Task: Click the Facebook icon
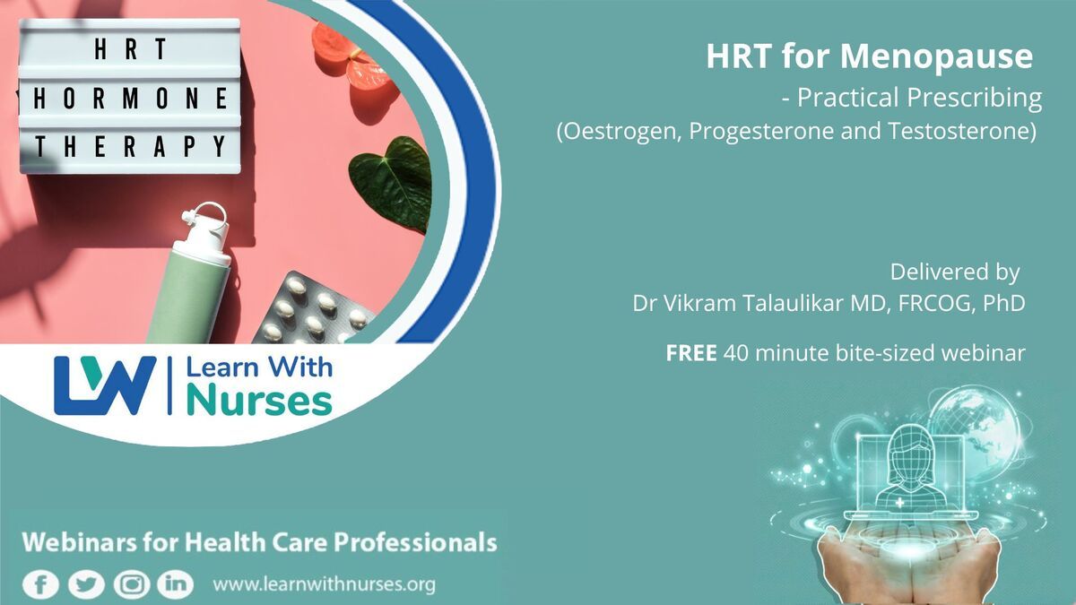click(41, 584)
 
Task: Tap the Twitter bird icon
click(86, 584)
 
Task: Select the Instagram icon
click(132, 584)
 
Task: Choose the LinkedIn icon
click(176, 584)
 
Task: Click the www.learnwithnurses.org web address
click(325, 584)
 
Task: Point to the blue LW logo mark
click(105, 385)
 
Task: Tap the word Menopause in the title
click(936, 57)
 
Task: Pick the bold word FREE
click(691, 353)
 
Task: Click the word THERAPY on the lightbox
click(131, 146)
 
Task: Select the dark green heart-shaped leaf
click(392, 184)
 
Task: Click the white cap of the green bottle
click(204, 234)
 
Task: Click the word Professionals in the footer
click(415, 542)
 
